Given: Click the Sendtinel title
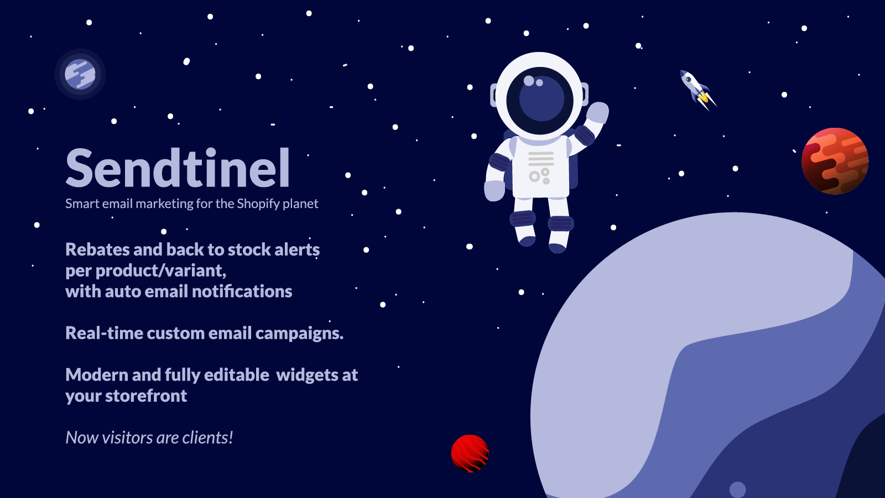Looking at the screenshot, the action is coord(178,168).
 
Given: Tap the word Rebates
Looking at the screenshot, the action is coord(97,250).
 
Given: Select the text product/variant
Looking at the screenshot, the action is coord(161,271).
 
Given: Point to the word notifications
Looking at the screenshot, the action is coord(242,291).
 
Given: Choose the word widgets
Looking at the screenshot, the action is coord(306,375).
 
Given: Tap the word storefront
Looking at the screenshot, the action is coord(146,396).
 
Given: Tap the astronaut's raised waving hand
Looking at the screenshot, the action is coord(597,113).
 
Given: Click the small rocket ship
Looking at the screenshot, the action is coord(697,90).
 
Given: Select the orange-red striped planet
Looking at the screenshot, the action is coord(835,161).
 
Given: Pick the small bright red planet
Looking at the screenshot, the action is coord(470,453).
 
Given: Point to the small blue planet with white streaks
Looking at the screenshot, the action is coord(80,74).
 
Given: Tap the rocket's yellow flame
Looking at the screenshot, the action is coord(703,97).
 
